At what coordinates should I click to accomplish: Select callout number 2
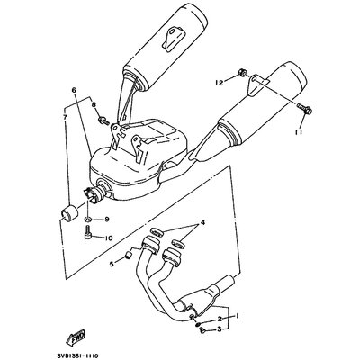point(219,320)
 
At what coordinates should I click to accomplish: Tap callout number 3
point(219,330)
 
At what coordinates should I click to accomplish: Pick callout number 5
point(113,264)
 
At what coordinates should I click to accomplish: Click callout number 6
point(74,91)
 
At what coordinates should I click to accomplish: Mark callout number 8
point(94,105)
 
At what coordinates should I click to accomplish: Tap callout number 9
point(106,219)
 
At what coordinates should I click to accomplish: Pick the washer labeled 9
point(86,219)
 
